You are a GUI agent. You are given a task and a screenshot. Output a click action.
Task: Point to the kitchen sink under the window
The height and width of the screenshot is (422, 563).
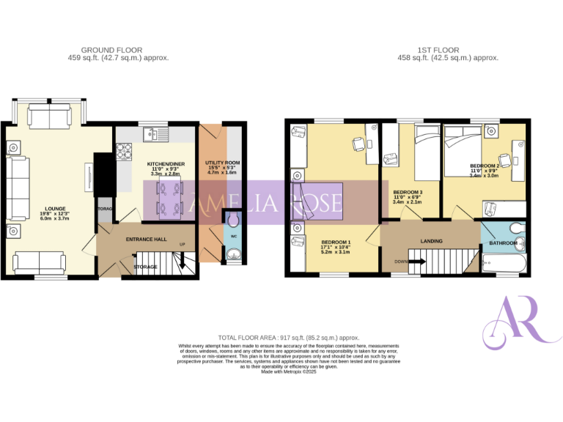155,133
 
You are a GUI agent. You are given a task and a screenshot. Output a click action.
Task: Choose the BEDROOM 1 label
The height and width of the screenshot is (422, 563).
336,242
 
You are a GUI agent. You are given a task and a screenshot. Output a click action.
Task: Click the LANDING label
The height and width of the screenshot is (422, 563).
431,240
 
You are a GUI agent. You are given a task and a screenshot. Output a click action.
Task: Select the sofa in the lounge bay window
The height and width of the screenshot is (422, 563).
49,114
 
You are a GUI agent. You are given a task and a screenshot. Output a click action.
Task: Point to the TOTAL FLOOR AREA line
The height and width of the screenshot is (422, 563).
281,338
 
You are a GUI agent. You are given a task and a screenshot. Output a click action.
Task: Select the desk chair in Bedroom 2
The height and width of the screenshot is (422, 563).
505,160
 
